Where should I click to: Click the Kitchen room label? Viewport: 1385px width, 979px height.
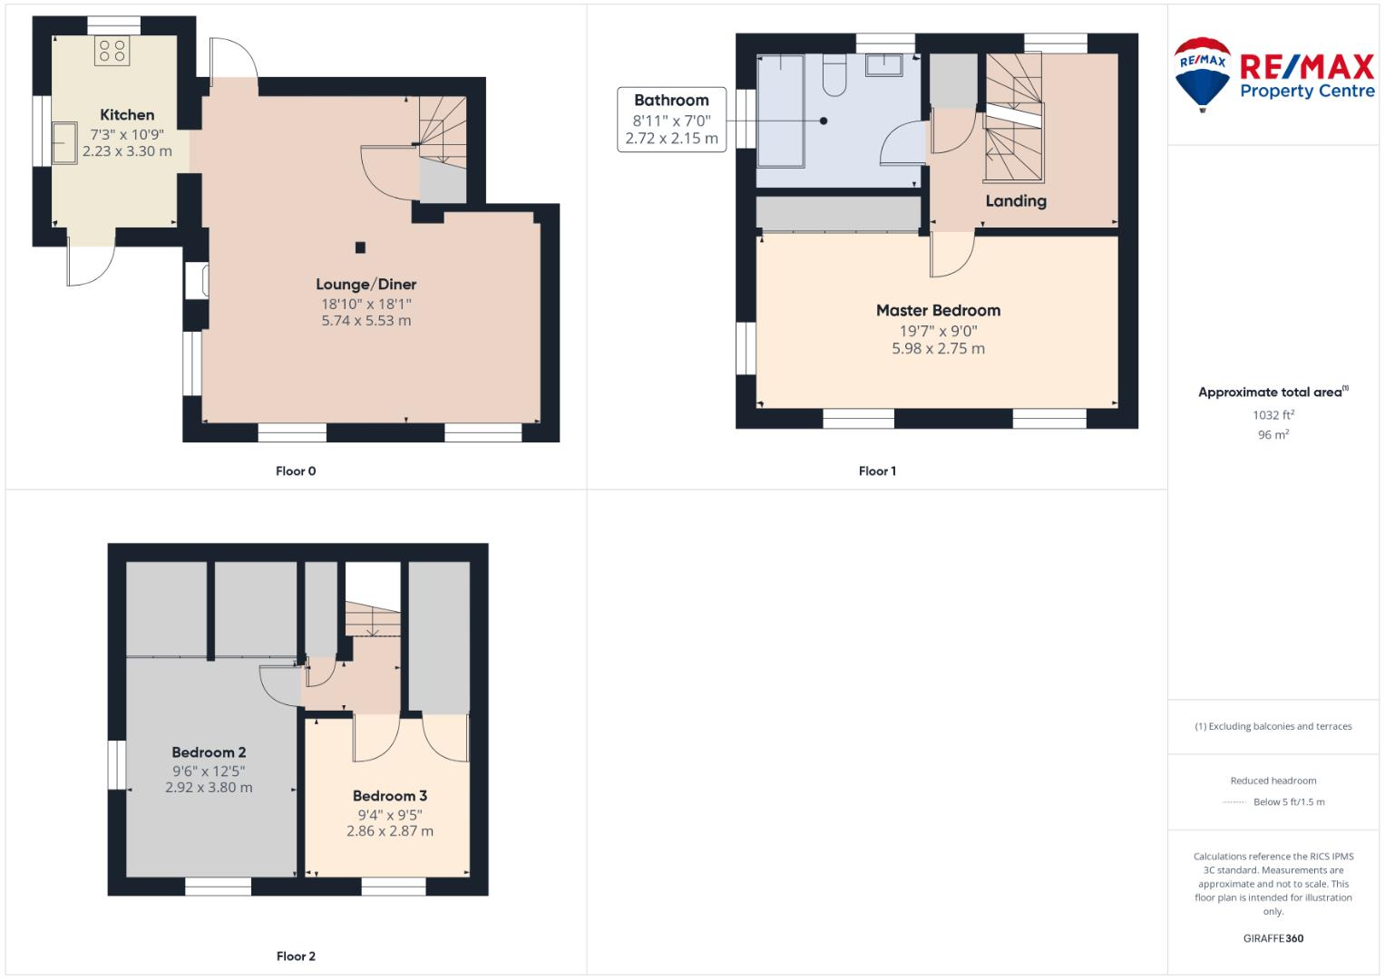click(127, 115)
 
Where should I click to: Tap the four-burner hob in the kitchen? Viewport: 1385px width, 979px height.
click(112, 51)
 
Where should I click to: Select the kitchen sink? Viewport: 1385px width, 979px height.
click(64, 143)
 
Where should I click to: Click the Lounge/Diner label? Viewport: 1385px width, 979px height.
click(366, 285)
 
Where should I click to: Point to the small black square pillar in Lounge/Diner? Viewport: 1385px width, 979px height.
click(360, 247)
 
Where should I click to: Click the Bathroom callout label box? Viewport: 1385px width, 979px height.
click(671, 119)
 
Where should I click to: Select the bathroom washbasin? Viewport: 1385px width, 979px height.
click(883, 65)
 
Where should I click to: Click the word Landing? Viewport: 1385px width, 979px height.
click(1016, 201)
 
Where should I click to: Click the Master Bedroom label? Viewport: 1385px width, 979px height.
click(938, 311)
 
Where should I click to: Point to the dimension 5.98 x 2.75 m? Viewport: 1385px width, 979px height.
click(938, 349)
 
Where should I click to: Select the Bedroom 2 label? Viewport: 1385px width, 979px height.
click(209, 752)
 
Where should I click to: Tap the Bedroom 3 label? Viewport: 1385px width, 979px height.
click(390, 796)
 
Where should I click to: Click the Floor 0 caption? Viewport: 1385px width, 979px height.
click(296, 471)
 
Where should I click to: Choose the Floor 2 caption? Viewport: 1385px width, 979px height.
click(296, 956)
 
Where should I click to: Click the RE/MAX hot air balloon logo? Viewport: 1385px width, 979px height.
click(1202, 73)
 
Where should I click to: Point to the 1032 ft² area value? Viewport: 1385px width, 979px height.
click(1273, 415)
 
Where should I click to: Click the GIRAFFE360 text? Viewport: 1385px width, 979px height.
click(1273, 938)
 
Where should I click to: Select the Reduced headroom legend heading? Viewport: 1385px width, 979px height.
click(1273, 780)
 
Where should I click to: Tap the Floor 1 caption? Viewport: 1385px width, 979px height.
click(877, 471)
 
